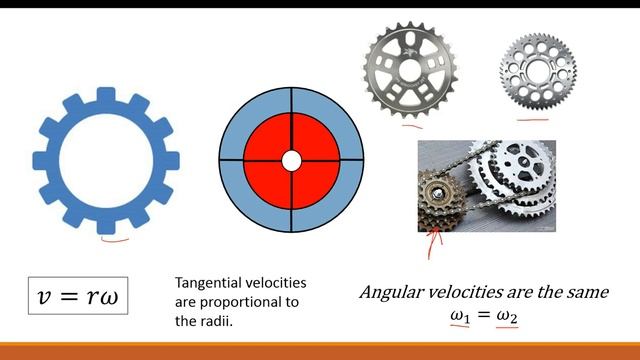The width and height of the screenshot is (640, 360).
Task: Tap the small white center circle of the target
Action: pos(291,160)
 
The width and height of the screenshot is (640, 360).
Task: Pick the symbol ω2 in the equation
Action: pos(506,316)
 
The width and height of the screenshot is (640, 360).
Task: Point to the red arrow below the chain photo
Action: pos(430,242)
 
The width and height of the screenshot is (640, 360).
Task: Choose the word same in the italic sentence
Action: pos(584,294)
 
